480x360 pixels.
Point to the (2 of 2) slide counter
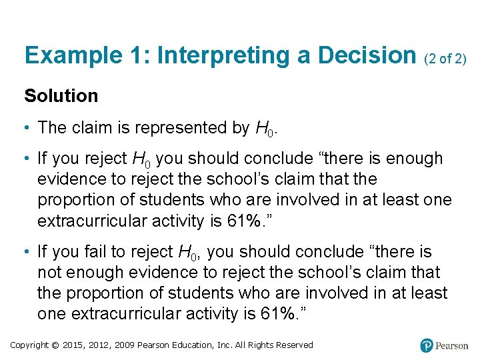445,59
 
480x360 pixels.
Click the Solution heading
61,96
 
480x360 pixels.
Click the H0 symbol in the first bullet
265,128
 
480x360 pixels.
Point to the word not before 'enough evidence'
49,273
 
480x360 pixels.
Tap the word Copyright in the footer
30,345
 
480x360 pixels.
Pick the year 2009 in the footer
126,345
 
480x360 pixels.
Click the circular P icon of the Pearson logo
427,345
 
